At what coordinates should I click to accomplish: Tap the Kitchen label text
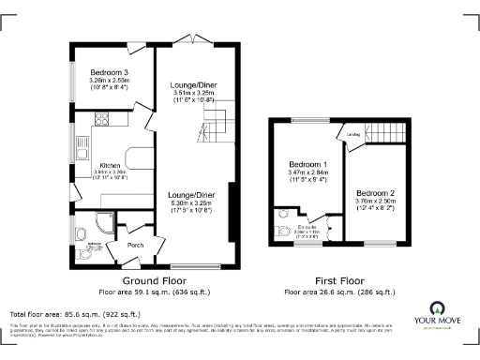(111, 165)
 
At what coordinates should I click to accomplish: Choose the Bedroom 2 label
(375, 193)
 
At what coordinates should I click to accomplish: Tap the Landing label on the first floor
(353, 136)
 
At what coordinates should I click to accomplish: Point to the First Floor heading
(339, 280)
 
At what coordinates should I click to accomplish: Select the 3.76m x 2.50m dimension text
(375, 202)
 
